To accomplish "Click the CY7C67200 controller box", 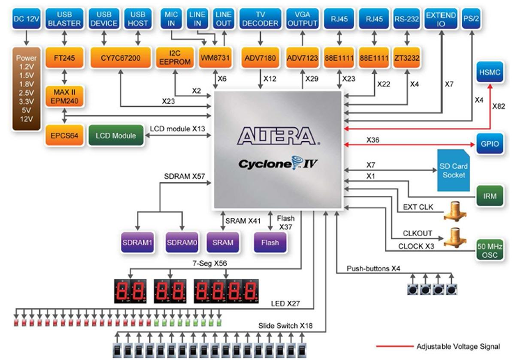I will click(120, 58).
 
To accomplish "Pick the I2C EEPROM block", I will click(176, 58).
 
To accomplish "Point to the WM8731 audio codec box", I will click(216, 58).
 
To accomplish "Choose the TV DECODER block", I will click(261, 19).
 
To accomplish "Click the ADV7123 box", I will click(302, 58).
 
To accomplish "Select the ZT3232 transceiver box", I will click(406, 58).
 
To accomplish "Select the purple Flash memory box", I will click(270, 242).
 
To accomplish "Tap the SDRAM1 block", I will click(137, 242).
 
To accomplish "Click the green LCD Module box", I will click(117, 136).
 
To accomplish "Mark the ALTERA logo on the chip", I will click(278, 136).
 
